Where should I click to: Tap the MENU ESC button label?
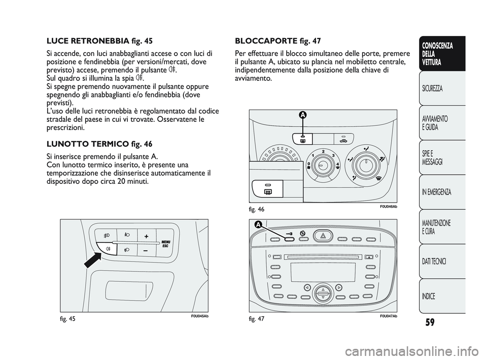(x=165, y=243)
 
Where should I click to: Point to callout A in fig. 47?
(x=258, y=225)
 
